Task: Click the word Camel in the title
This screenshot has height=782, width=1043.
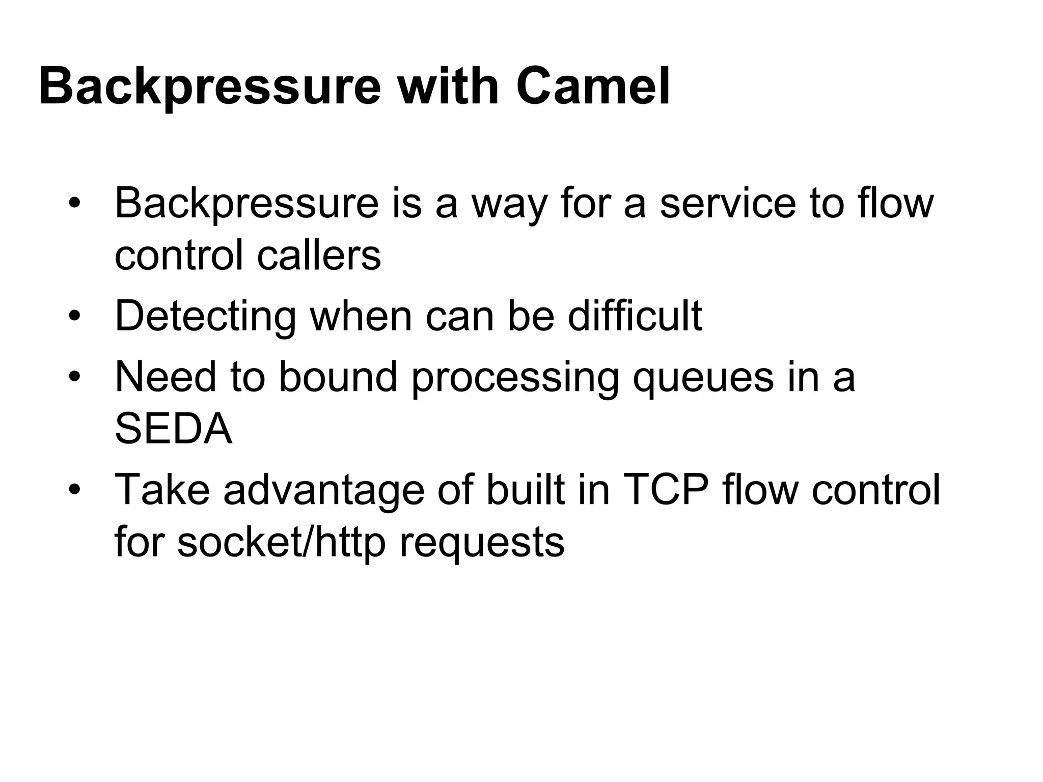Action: click(593, 87)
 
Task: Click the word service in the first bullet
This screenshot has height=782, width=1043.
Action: click(728, 204)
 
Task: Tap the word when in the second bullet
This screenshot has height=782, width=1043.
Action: click(361, 317)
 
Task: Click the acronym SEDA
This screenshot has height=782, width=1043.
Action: click(174, 429)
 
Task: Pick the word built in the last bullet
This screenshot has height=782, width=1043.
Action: click(525, 489)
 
